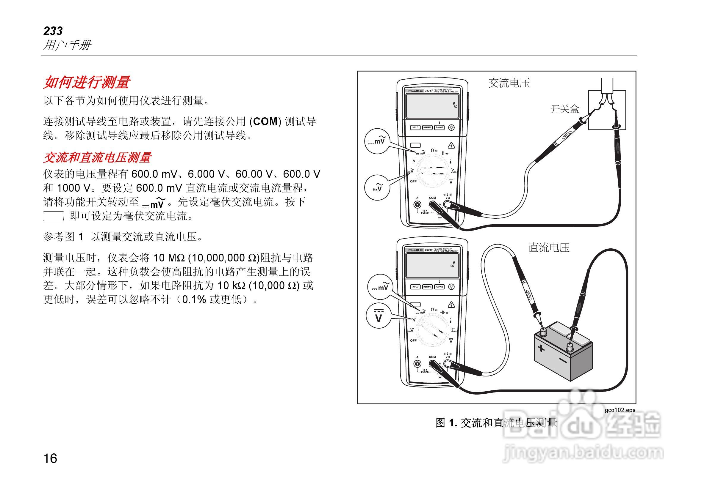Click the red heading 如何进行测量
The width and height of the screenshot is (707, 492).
87,82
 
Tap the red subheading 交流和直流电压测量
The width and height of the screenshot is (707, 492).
97,157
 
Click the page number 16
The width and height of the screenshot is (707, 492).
50,458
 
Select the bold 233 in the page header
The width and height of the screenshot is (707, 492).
53,31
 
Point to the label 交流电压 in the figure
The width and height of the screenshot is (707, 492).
509,83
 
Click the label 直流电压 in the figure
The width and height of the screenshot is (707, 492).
549,247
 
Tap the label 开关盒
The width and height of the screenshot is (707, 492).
565,109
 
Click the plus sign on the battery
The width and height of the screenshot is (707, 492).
541,348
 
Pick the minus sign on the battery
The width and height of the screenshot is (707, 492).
563,360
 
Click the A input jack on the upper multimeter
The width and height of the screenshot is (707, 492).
417,204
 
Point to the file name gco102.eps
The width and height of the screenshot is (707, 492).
620,410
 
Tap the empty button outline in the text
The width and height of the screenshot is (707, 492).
53,216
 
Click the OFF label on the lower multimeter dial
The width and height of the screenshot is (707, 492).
413,341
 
